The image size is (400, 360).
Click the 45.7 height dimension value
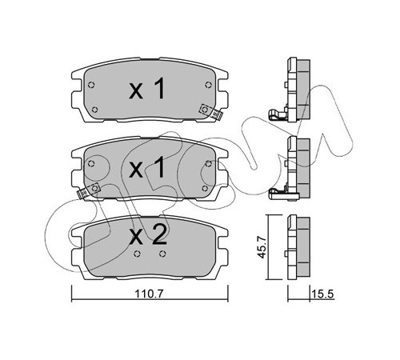point(262,247)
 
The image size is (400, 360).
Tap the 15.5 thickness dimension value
point(322,294)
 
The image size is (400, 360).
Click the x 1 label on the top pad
point(147,89)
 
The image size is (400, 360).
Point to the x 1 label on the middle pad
point(147,167)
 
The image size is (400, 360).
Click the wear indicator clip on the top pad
point(211,112)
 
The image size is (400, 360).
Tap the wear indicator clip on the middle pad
point(88,191)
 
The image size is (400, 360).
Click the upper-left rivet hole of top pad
point(91,85)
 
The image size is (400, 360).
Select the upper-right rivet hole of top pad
point(208,85)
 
